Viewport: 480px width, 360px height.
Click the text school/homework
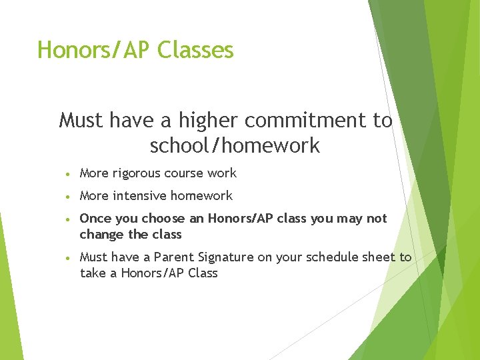[x=235, y=145]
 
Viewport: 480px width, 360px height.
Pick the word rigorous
[x=141, y=173]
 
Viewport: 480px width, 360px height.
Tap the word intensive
[x=141, y=196]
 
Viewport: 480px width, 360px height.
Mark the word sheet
[x=375, y=257]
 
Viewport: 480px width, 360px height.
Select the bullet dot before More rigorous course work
[x=69, y=174]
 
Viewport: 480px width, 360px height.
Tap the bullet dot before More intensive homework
[x=69, y=197]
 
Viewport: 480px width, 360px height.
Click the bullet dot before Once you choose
[x=69, y=219]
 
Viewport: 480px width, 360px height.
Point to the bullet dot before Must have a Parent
[x=69, y=258]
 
